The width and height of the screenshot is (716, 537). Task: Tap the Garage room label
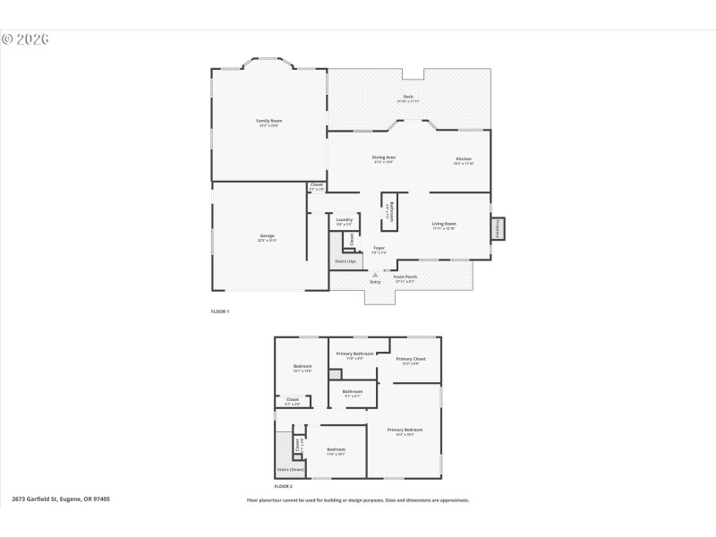[x=267, y=235]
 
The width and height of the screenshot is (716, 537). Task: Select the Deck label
[x=408, y=97]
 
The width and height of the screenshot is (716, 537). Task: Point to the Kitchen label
[x=463, y=158]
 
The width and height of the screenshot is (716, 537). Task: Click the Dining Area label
[x=384, y=158]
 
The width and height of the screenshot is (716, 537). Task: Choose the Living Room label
[x=444, y=224]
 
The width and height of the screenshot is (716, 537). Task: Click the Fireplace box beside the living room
[x=498, y=229]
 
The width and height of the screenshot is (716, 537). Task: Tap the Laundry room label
[x=344, y=218]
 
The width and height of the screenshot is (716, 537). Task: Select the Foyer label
[x=379, y=248]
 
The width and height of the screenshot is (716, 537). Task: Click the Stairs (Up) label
[x=345, y=261]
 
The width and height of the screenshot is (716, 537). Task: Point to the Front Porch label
[x=405, y=277]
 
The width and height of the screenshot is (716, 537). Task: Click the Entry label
[x=375, y=282]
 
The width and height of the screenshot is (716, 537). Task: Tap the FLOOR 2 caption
[x=283, y=485]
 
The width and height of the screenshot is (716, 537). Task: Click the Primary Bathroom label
[x=355, y=354]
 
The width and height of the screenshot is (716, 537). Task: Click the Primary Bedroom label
[x=405, y=430]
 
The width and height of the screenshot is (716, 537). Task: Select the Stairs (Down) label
[x=290, y=469]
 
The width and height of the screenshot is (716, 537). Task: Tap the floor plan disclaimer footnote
[x=358, y=500]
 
